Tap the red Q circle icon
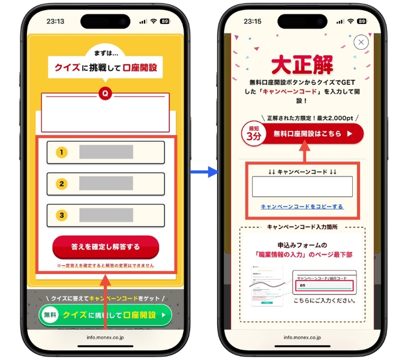pos(105,94)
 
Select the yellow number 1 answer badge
pos(62,152)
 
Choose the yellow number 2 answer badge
pos(62,184)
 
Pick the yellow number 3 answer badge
pos(62,215)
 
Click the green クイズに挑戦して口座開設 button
pos(106,314)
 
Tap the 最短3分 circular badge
pos(253,134)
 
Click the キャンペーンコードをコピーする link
pos(302,206)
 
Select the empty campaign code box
pos(302,187)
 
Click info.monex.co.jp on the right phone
pos(302,337)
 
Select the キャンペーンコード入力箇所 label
pos(302,227)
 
